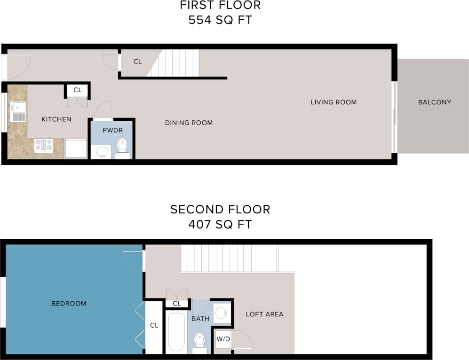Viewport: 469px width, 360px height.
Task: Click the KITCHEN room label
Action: pyautogui.click(x=56, y=119)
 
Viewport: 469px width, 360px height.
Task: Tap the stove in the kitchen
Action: pyautogui.click(x=43, y=145)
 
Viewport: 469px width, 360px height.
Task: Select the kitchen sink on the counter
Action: pyautogui.click(x=18, y=112)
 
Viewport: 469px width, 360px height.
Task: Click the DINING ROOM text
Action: pyautogui.click(x=189, y=123)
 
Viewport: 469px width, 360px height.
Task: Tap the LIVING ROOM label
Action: pyautogui.click(x=334, y=102)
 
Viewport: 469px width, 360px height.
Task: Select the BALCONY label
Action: pyautogui.click(x=434, y=102)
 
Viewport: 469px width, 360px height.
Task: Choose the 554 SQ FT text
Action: pyautogui.click(x=220, y=20)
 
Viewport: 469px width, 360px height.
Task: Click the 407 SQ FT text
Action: pyautogui.click(x=220, y=224)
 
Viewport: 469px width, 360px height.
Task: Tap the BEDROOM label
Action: pyautogui.click(x=69, y=304)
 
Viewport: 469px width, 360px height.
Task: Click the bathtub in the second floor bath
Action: pyautogui.click(x=177, y=332)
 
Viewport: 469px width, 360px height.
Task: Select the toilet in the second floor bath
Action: pyautogui.click(x=200, y=341)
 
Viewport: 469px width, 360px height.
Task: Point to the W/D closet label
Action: pyautogui.click(x=223, y=338)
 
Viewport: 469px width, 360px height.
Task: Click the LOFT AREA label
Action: pyautogui.click(x=264, y=314)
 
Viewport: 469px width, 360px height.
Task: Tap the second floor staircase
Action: pyautogui.click(x=229, y=258)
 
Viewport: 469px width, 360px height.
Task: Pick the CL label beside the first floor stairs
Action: pyautogui.click(x=137, y=62)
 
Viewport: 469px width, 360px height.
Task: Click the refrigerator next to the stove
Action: pyautogui.click(x=76, y=148)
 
